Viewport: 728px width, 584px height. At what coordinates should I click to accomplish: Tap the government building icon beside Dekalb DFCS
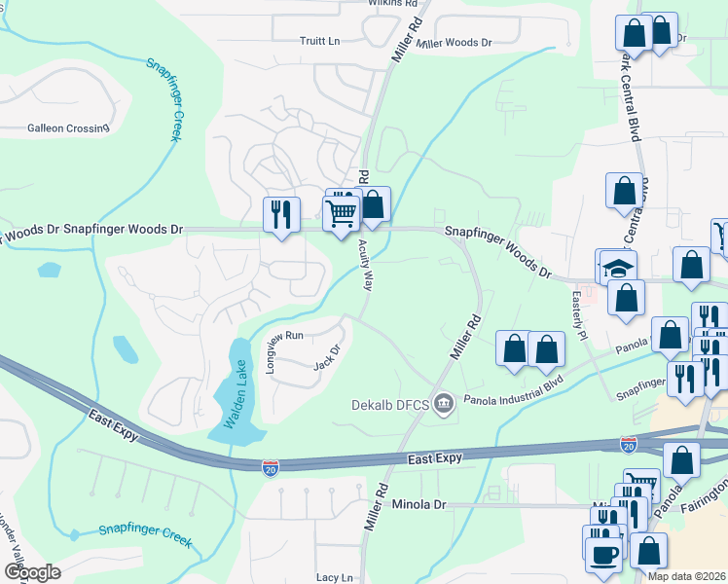pyautogui.click(x=444, y=401)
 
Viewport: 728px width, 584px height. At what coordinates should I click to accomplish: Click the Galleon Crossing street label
pyautogui.click(x=68, y=128)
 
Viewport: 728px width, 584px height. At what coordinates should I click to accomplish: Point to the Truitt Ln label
pyautogui.click(x=319, y=41)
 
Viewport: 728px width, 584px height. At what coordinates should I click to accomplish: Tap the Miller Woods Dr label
pyautogui.click(x=454, y=44)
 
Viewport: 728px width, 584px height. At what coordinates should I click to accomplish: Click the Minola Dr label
pyautogui.click(x=419, y=504)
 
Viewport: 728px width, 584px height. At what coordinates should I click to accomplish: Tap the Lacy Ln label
pyautogui.click(x=334, y=577)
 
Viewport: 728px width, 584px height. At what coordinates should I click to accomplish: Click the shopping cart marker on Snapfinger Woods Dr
pyautogui.click(x=341, y=211)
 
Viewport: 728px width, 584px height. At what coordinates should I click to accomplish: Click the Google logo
pyautogui.click(x=31, y=572)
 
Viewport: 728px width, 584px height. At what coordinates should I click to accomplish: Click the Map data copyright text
pyautogui.click(x=686, y=576)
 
